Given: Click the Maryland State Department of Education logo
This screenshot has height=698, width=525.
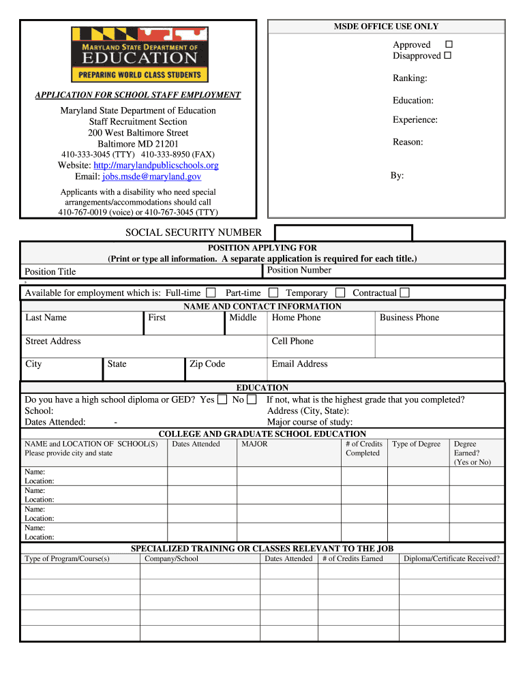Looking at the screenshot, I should (x=140, y=55).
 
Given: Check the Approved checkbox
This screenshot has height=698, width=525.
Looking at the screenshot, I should (x=448, y=44).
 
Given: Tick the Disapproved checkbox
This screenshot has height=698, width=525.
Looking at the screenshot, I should (x=448, y=55).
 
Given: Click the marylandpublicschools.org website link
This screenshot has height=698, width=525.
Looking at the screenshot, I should (x=155, y=166).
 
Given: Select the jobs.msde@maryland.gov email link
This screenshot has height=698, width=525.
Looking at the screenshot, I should (x=151, y=177).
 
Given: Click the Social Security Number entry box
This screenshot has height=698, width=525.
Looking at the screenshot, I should (x=342, y=232).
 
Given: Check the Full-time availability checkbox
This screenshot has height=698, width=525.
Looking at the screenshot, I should (x=211, y=293).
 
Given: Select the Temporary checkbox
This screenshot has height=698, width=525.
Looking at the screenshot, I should (x=340, y=293).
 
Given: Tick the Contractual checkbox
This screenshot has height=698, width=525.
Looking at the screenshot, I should (x=404, y=293).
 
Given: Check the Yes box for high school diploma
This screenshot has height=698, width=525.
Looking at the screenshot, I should (x=222, y=400).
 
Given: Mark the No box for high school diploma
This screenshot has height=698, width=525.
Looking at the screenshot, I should (x=252, y=400).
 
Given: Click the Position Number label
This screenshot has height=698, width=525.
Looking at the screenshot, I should (x=299, y=270).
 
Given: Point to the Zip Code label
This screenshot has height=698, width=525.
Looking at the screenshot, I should (x=207, y=364).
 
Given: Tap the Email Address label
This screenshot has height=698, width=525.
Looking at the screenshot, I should (x=299, y=364).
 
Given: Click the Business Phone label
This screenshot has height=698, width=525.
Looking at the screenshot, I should (x=409, y=318).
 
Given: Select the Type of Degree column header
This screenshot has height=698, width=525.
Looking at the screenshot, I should (x=416, y=444).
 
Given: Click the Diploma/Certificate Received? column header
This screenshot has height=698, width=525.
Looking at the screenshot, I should (x=451, y=559).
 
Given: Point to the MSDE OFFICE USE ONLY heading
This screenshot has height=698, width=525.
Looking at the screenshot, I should (x=386, y=27).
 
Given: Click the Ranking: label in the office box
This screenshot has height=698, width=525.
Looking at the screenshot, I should (x=410, y=78).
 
